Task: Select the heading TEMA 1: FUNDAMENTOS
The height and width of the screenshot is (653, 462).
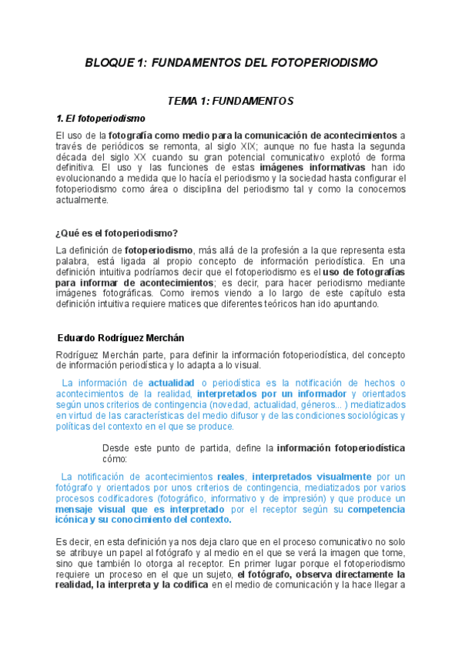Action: (231, 101)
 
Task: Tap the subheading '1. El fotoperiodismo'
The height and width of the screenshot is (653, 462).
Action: (101, 119)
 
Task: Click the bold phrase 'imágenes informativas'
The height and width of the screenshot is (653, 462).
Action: (312, 167)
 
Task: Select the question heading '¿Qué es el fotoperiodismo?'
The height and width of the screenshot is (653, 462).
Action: (117, 233)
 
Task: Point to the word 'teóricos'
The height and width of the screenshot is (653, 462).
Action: (276, 304)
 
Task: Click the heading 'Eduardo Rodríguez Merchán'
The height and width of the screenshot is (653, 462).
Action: (121, 338)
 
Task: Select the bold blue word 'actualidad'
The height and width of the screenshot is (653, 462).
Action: (171, 383)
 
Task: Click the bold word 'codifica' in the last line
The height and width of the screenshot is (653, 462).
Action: (188, 585)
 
